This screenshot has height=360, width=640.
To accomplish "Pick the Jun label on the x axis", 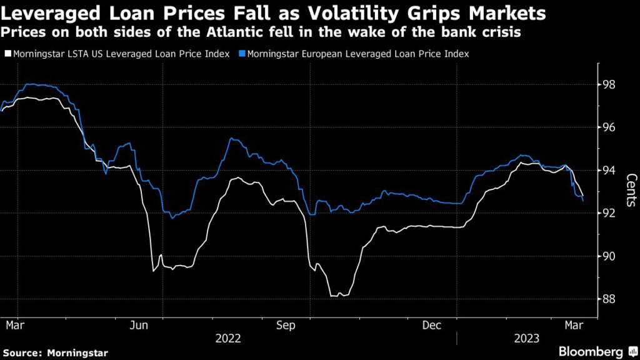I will [139, 325].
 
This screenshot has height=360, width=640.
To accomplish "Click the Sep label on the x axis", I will [286, 325].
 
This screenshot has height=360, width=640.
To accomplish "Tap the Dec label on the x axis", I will [432, 325].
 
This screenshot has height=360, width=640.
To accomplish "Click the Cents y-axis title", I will [630, 191].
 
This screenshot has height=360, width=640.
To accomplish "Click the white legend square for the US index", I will [7, 54].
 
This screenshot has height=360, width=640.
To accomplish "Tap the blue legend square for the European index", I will [242, 54].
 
